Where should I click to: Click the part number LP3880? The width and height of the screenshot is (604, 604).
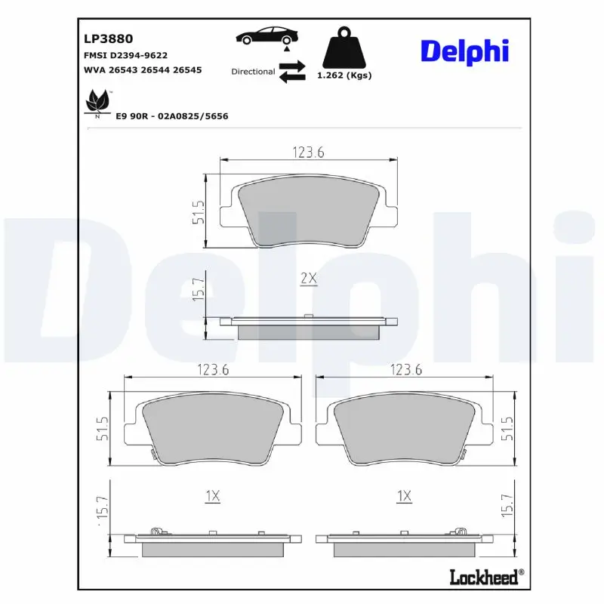(x=103, y=37)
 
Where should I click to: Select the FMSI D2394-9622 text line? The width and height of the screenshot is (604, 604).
(x=125, y=55)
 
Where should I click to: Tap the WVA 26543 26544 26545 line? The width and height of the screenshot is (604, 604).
(x=142, y=69)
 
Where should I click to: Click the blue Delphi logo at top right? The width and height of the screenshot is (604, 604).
(x=464, y=51)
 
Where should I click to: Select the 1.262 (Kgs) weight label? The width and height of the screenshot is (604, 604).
(x=344, y=75)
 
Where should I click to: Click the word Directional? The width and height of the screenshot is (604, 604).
(x=253, y=72)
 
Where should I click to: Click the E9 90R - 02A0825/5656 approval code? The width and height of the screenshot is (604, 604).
(x=171, y=116)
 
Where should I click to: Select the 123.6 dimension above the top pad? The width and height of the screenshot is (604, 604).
(x=308, y=152)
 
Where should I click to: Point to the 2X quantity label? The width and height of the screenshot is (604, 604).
(x=307, y=278)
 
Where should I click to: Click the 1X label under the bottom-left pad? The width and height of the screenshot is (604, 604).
(x=212, y=496)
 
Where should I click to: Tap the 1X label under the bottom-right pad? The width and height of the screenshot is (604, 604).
(x=404, y=496)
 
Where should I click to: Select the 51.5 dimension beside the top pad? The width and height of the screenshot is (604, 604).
(x=199, y=212)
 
